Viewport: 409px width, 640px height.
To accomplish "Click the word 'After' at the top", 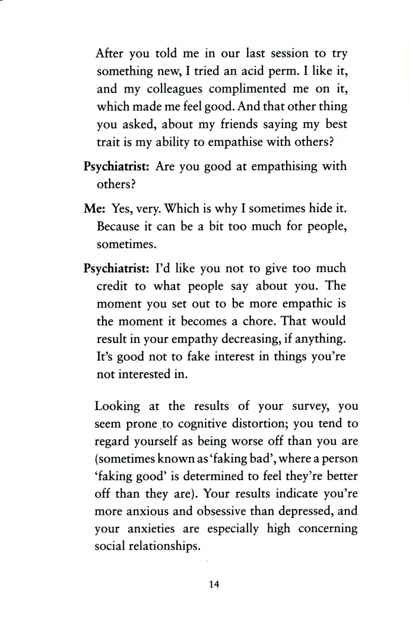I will click(110, 53).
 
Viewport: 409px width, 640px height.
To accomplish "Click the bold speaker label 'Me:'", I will click(95, 209).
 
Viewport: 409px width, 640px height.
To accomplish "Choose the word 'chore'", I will click(274, 322).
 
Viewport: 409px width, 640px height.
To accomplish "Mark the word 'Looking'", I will click(118, 407).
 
